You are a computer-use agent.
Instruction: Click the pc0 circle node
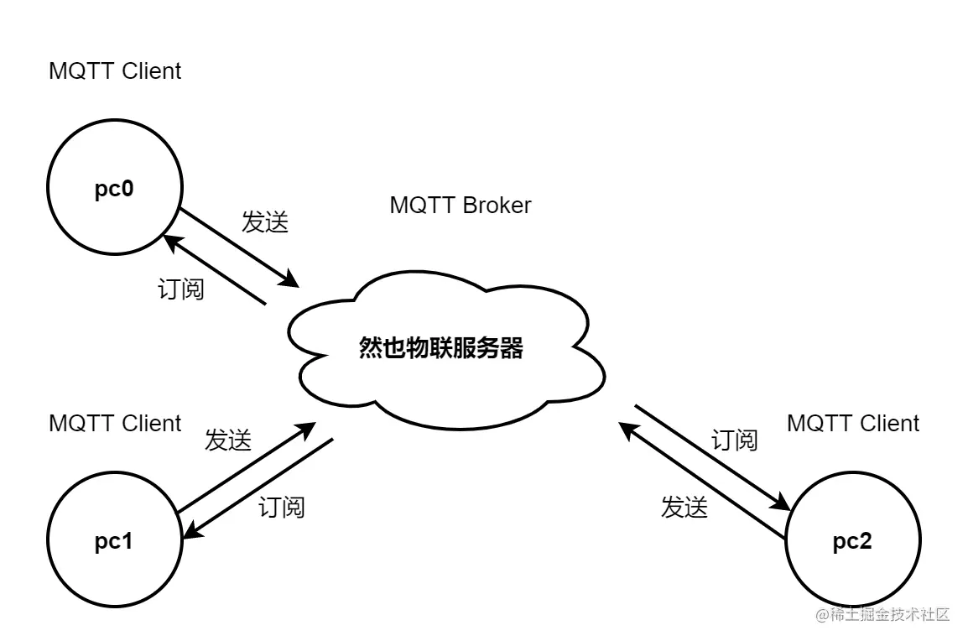(114, 189)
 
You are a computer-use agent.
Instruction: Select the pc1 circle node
(114, 542)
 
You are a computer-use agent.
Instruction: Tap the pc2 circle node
(852, 542)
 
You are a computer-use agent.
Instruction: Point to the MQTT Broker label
(460, 206)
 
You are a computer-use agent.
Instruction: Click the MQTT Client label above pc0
(115, 71)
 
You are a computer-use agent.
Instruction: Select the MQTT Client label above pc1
(115, 424)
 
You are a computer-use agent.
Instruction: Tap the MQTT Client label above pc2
(853, 424)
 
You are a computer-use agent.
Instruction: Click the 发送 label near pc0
(265, 222)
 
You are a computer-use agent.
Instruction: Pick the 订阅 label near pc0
(181, 289)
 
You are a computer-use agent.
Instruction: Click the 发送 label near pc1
(228, 440)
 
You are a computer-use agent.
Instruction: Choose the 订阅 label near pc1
(282, 508)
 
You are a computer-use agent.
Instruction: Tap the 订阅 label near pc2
(735, 440)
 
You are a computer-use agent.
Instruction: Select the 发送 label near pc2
(684, 508)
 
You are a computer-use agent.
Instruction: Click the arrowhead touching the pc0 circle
(172, 242)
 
